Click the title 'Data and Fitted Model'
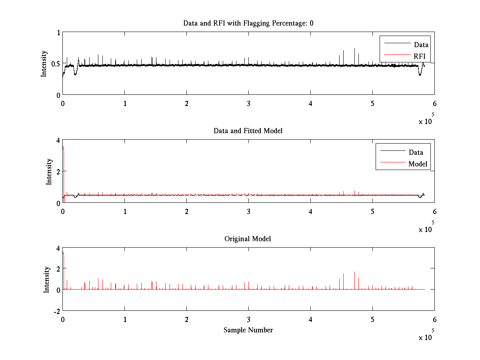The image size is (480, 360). [248, 131]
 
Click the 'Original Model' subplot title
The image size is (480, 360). [248, 239]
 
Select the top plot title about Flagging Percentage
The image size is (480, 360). [248, 23]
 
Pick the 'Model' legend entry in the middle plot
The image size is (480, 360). [418, 164]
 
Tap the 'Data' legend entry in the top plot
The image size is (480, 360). [421, 45]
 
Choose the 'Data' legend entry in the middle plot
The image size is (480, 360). [416, 152]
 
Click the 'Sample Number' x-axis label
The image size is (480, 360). [248, 330]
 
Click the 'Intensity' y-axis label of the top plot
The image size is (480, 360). [44, 64]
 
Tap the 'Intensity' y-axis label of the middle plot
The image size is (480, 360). [49, 171]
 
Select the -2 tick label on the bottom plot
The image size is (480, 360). [56, 311]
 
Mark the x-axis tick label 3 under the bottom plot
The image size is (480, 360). [248, 320]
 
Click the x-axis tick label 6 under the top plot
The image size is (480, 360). [434, 104]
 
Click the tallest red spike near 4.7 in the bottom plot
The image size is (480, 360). [354, 273]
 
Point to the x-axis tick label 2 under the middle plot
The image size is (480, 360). [186, 212]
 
